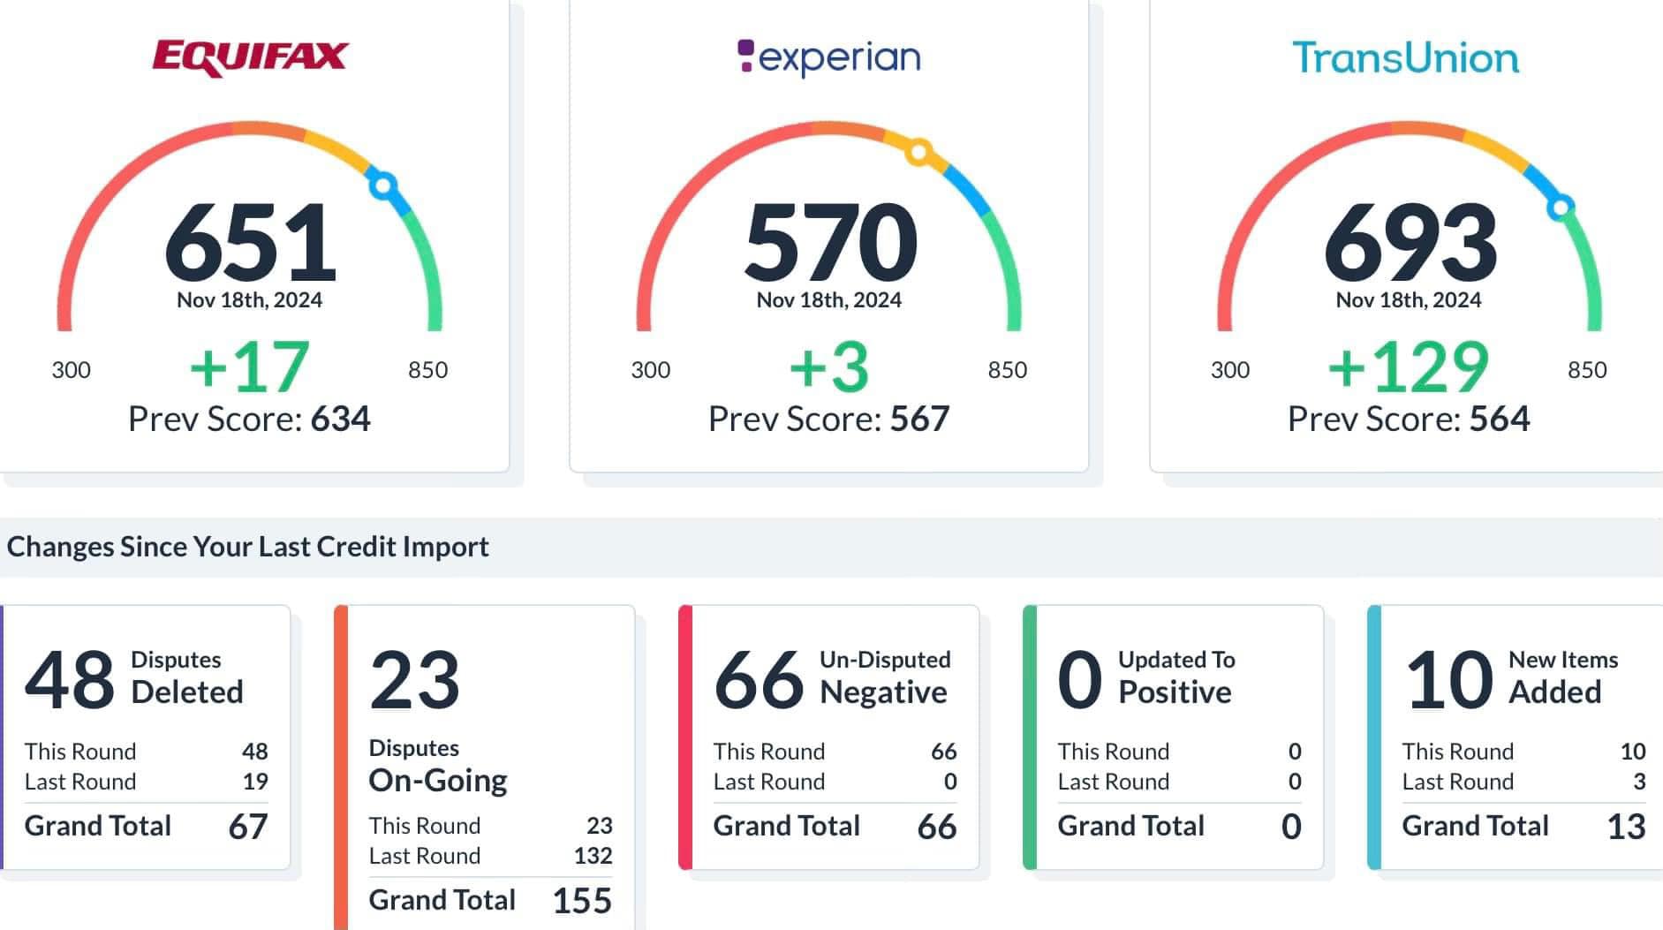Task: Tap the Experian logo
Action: click(x=828, y=57)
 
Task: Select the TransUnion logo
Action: click(x=1405, y=58)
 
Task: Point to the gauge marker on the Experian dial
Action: click(x=918, y=152)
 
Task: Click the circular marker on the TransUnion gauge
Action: click(x=1561, y=207)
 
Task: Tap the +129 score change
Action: click(x=1408, y=367)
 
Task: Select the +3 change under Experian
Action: click(x=828, y=367)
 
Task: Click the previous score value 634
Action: click(x=340, y=419)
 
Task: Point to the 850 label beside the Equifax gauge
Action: click(x=427, y=370)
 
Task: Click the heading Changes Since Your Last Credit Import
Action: click(x=247, y=547)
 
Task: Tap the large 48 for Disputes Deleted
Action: click(x=69, y=680)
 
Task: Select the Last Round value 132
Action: click(x=593, y=856)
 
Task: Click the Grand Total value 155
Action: click(x=582, y=901)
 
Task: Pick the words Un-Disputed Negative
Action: click(x=884, y=677)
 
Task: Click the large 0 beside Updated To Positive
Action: click(x=1079, y=680)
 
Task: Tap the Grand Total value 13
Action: click(x=1626, y=827)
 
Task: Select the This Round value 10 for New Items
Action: click(x=1632, y=752)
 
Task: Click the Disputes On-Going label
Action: click(x=437, y=767)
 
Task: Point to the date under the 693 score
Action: click(x=1408, y=300)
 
